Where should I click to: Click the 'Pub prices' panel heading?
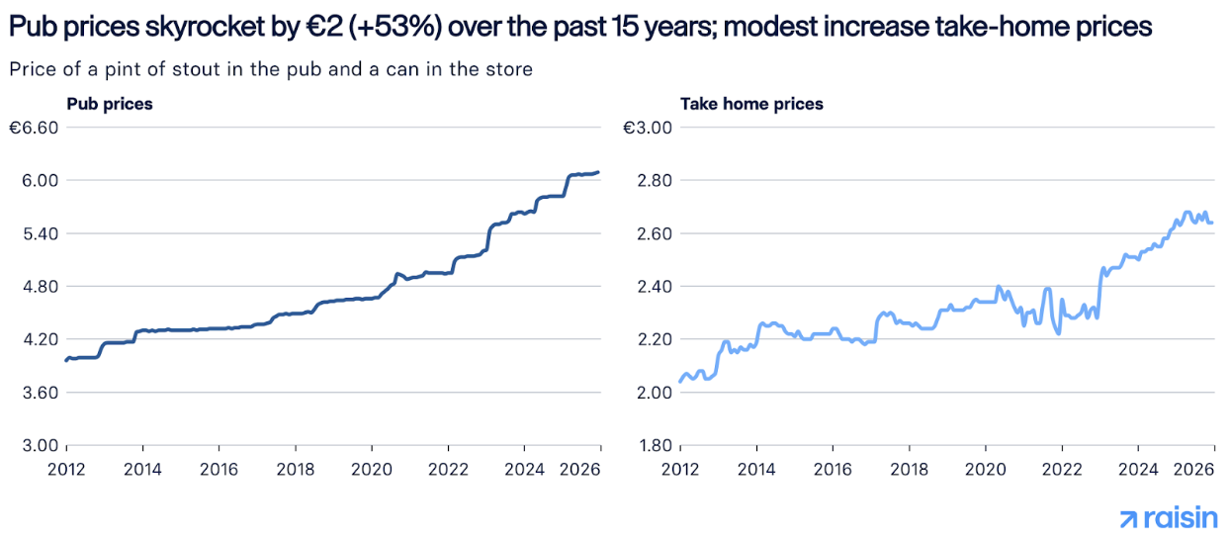click(109, 104)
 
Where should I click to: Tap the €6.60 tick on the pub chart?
click(35, 128)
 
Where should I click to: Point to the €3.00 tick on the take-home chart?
click(648, 128)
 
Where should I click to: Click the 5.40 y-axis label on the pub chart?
click(41, 233)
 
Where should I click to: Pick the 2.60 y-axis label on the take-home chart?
click(654, 233)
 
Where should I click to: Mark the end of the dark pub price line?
click(597, 172)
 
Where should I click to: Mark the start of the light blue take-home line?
click(681, 381)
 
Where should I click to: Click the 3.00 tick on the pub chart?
click(41, 445)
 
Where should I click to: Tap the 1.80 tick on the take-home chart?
click(654, 445)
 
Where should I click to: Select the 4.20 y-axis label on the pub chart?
click(41, 339)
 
